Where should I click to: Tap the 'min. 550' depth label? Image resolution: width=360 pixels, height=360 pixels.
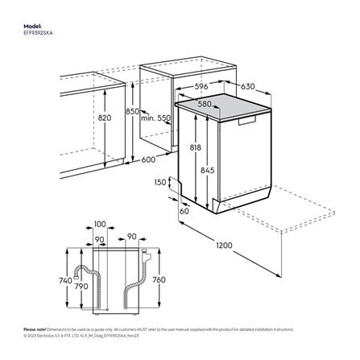point(155,118)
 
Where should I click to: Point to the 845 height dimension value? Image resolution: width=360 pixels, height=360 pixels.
point(208,170)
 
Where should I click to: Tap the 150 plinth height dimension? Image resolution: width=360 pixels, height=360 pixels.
point(160,183)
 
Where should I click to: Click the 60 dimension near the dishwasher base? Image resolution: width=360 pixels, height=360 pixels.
point(184,210)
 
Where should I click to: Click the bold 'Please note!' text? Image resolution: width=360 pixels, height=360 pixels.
point(34,329)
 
